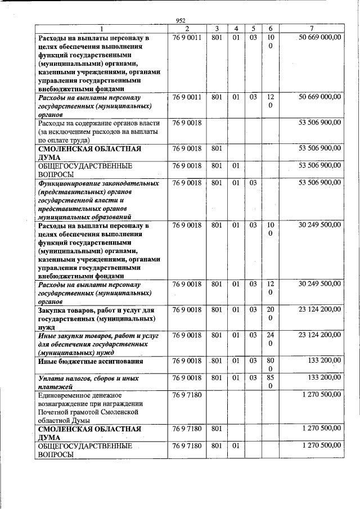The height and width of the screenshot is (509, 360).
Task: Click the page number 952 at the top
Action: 181,21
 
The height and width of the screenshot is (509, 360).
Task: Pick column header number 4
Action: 236,29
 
